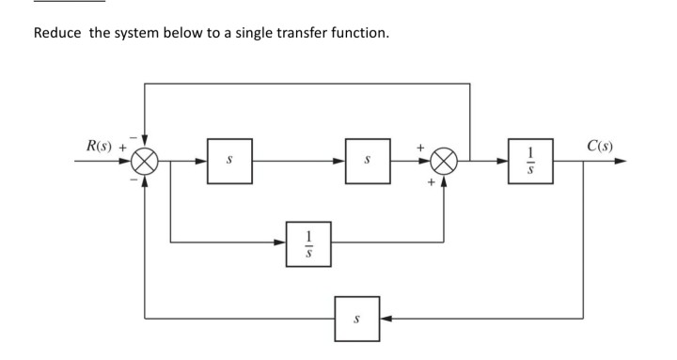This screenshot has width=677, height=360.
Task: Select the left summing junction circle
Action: tap(145, 161)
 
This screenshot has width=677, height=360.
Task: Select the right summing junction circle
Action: tap(443, 161)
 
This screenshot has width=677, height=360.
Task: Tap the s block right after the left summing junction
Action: tap(228, 161)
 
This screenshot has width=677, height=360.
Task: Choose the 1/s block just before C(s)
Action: tap(529, 161)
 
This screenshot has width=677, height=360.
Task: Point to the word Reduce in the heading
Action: tap(58, 34)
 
